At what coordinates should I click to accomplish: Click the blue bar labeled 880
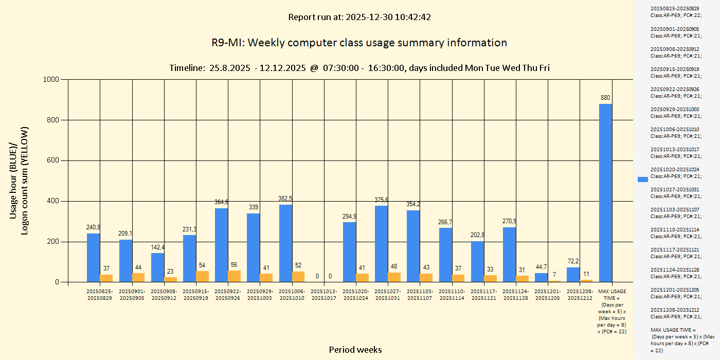pos(605,193)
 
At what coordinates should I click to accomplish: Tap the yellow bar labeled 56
pos(234,276)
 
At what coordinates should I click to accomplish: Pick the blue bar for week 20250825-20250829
pos(93,258)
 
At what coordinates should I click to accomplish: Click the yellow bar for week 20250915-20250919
pos(202,276)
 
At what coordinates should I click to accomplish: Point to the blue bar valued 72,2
pos(573,275)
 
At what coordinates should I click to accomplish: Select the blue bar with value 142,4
pos(157,267)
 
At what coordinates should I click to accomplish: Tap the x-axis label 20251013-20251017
pos(323,295)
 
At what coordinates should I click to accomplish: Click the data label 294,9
pos(349,217)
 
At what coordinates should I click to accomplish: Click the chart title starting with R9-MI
pos(359,43)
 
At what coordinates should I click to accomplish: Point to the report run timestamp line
pos(359,17)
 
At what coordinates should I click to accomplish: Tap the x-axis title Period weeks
pos(355,350)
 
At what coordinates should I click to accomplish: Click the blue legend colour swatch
pos(642,179)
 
